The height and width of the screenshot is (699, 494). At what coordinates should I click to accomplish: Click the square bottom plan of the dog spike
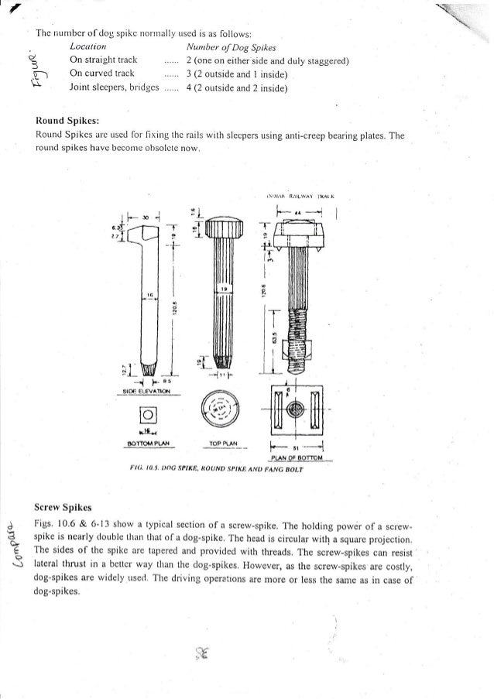[146, 414]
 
